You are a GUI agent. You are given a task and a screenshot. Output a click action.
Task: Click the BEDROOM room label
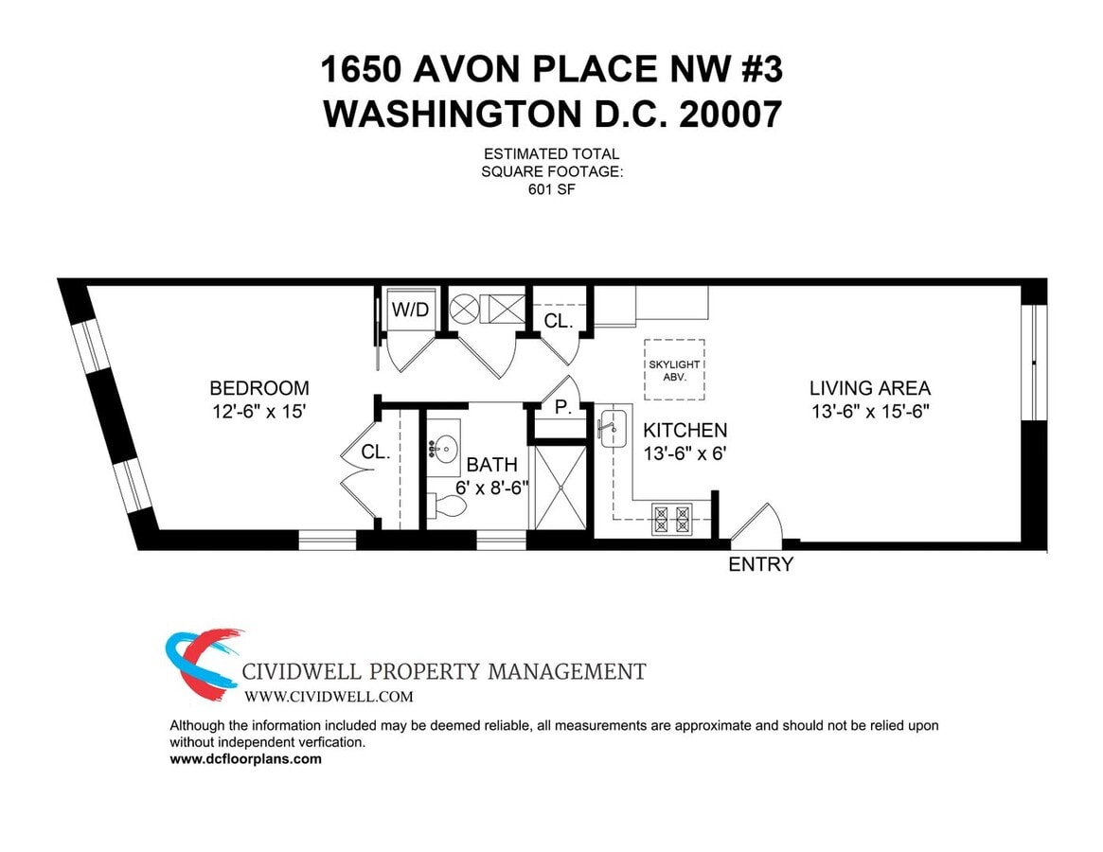(x=258, y=388)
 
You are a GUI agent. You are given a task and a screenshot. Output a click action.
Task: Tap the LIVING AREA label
(x=869, y=388)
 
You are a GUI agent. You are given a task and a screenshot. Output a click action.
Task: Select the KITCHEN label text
(x=685, y=431)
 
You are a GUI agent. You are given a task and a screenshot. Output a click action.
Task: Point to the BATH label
(x=492, y=465)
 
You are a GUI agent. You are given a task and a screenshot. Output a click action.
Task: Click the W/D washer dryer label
(x=410, y=310)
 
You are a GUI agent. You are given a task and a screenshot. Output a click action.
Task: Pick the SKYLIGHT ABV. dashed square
(x=674, y=369)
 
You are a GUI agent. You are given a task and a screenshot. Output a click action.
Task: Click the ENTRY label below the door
(x=760, y=565)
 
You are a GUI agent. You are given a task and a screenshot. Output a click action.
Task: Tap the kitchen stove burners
(x=672, y=520)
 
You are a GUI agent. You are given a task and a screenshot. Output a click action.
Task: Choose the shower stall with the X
(x=560, y=488)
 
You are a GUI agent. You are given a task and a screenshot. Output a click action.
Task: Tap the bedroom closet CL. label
(x=375, y=453)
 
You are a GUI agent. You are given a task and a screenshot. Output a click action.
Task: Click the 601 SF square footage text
(x=551, y=189)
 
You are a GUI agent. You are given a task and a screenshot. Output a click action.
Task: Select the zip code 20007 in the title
(x=729, y=115)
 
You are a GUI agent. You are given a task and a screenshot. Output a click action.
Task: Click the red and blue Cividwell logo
(x=202, y=663)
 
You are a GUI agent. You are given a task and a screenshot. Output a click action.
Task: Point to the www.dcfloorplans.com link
(x=245, y=759)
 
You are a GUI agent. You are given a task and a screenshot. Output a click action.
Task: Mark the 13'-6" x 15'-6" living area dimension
(x=869, y=413)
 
